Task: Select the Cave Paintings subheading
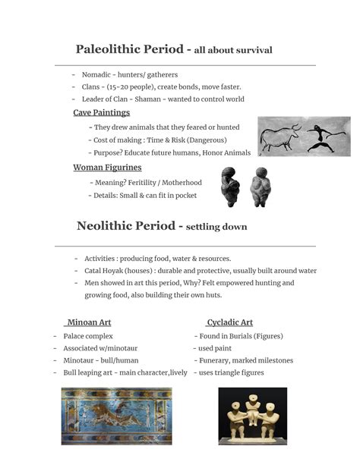click(x=101, y=113)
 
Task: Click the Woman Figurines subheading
click(x=107, y=168)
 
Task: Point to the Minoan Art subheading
click(x=89, y=322)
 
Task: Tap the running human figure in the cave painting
click(x=326, y=137)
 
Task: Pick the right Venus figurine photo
click(x=261, y=187)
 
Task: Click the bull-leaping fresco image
click(x=116, y=416)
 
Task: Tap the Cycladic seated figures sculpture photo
click(x=252, y=416)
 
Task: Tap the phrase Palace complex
click(x=88, y=336)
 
